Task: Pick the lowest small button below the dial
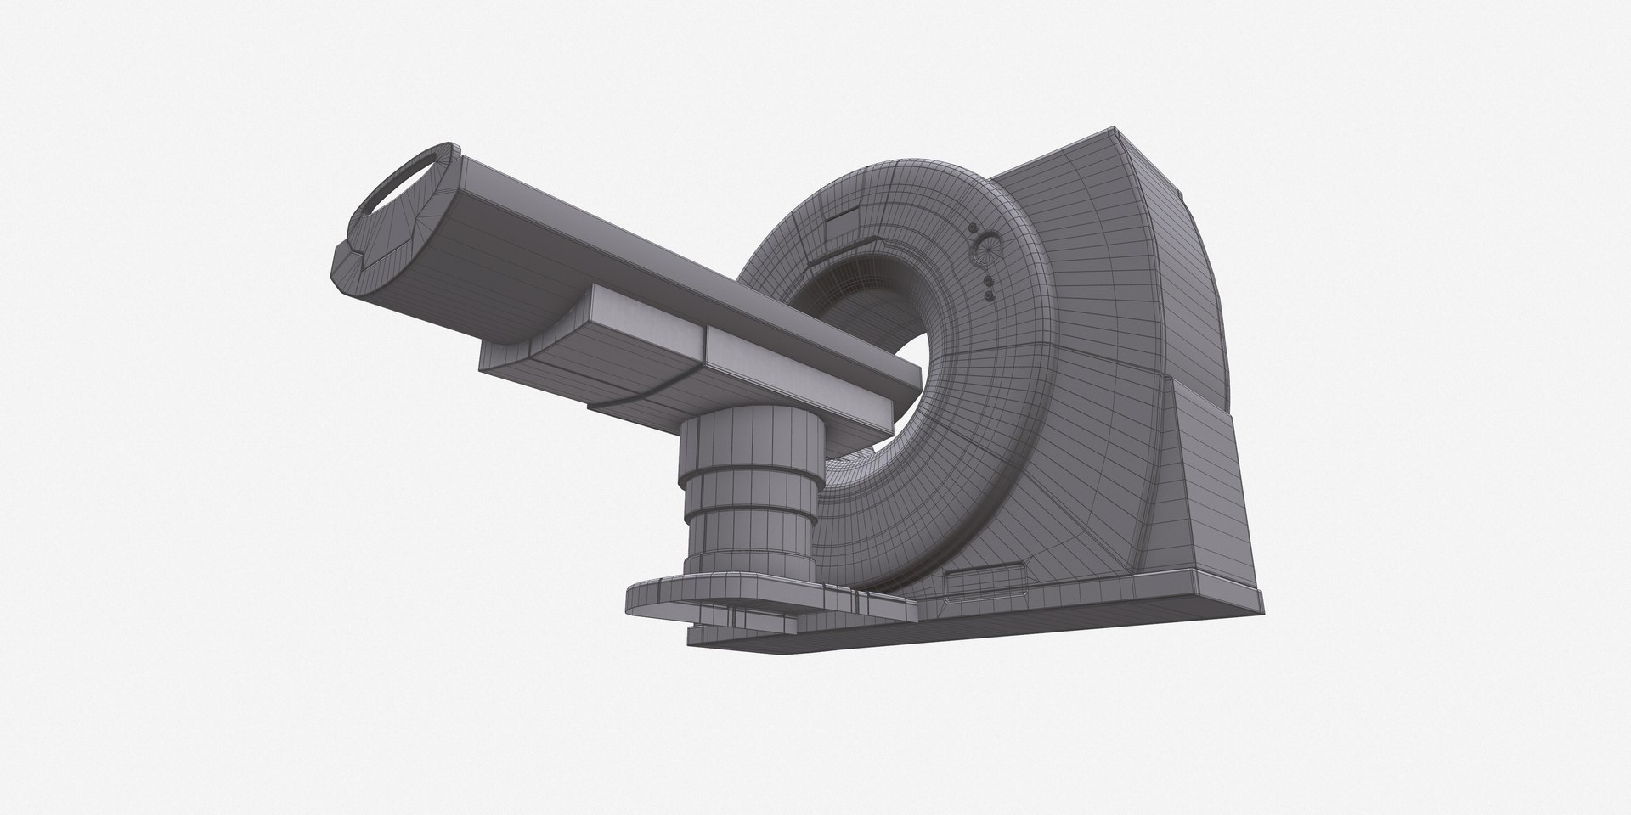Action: coord(989,295)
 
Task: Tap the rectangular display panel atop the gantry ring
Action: coord(844,228)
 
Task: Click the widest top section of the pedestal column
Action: coord(752,446)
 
